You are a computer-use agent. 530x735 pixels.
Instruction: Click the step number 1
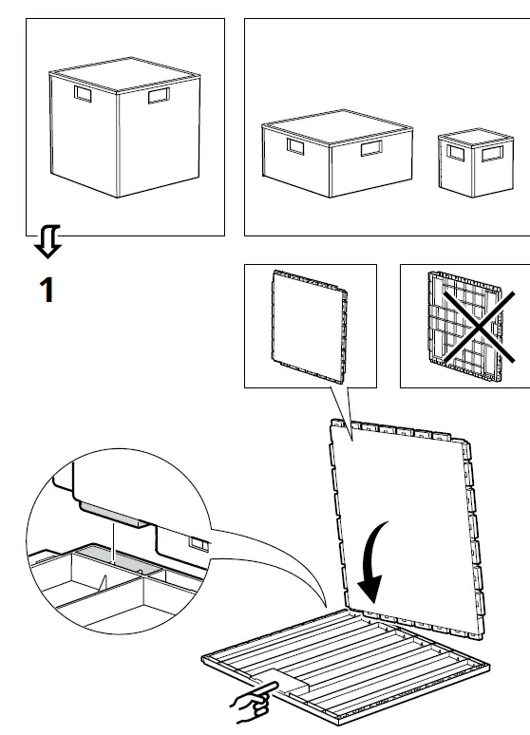coord(46,290)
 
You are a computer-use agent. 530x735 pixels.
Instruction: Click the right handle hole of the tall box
coord(158,97)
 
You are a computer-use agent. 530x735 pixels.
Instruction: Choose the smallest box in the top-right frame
coord(475,162)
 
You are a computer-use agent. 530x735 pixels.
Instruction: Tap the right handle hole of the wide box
coord(369,149)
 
